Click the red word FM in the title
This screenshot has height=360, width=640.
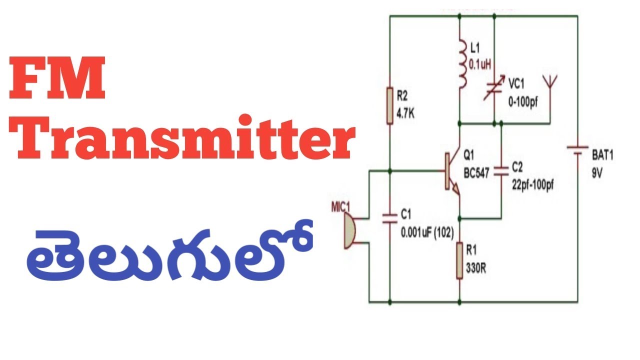coord(57,77)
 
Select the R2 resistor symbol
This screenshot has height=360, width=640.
coord(389,106)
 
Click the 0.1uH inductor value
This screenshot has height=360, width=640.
coord(480,65)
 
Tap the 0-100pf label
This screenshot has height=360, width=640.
coord(523,102)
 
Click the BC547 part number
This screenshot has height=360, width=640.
coord(476,173)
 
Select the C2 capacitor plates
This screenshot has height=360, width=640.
coord(501,171)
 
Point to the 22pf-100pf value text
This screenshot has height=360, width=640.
coord(533,185)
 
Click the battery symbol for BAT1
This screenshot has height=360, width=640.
coord(577,150)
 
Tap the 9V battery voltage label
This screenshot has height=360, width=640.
coord(597,173)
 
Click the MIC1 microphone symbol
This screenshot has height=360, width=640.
coord(349,230)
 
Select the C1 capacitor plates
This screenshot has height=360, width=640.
coord(389,218)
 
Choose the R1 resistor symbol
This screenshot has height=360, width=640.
coord(459,260)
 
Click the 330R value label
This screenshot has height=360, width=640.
coord(476,268)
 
